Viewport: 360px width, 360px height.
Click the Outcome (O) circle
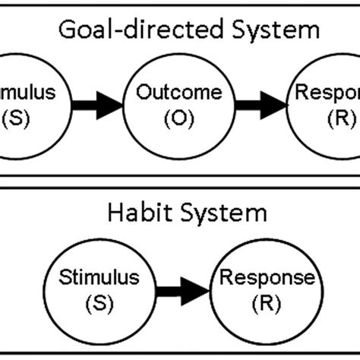click(x=179, y=106)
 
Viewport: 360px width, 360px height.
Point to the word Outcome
click(x=179, y=93)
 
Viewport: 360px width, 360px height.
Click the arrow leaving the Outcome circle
click(x=261, y=105)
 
